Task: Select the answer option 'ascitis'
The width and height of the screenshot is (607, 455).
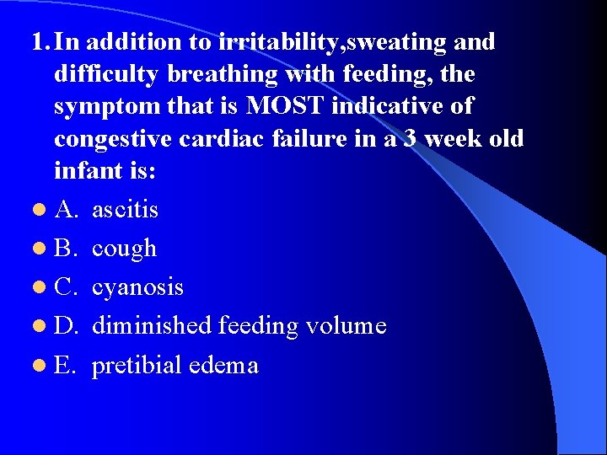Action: [125, 209]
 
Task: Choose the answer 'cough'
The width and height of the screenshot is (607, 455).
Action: [124, 249]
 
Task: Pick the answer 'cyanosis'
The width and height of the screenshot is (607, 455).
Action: [137, 287]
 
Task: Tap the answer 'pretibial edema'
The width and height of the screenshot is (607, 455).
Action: [175, 365]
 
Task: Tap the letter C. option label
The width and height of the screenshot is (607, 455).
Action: [67, 287]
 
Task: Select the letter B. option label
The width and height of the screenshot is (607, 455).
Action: [67, 249]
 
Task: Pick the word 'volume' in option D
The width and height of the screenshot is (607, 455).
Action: [343, 325]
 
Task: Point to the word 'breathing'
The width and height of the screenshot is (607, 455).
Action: [223, 74]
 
